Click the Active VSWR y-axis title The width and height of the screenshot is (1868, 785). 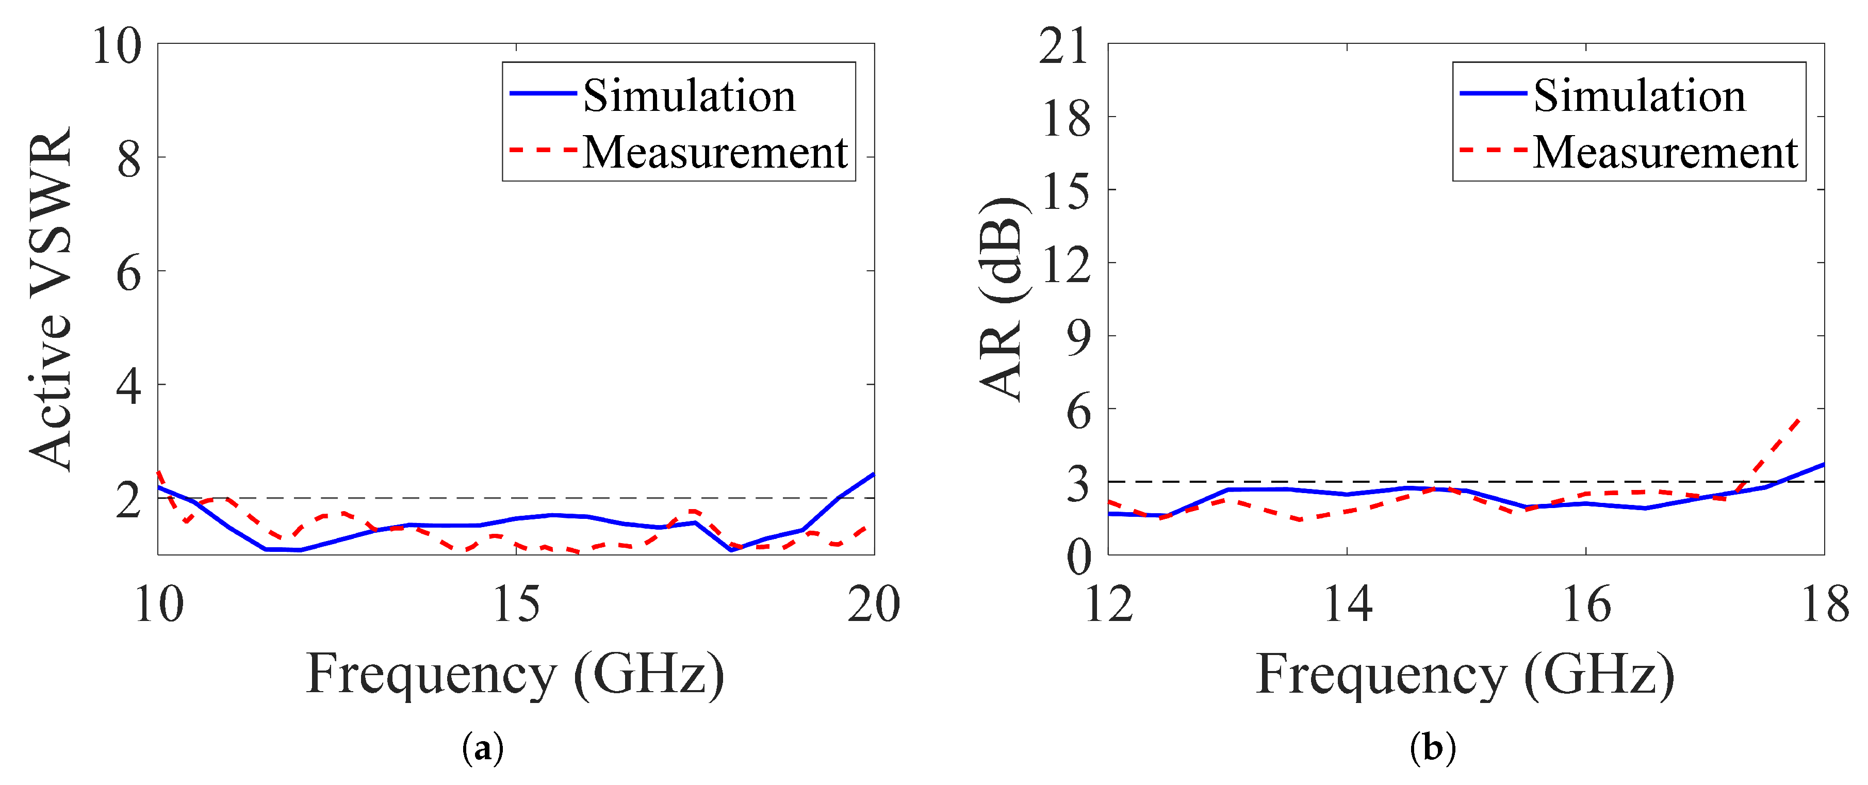[x=51, y=299]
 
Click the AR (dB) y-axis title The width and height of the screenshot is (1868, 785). [x=1003, y=299]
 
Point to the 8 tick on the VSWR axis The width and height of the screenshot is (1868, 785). [x=129, y=159]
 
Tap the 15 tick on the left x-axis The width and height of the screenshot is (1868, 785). [x=516, y=603]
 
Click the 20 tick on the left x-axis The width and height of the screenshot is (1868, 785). [x=873, y=603]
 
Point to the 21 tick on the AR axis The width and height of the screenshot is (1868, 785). [x=1064, y=46]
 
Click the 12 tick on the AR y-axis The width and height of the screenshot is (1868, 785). [x=1065, y=264]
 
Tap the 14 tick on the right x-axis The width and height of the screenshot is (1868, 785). [x=1347, y=603]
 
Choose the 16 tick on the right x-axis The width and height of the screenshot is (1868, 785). [x=1586, y=603]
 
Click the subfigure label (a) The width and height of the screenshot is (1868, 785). [x=482, y=747]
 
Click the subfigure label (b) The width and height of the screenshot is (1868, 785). [x=1432, y=747]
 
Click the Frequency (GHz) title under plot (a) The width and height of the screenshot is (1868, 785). [x=515, y=675]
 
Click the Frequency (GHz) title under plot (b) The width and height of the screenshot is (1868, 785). [x=1465, y=675]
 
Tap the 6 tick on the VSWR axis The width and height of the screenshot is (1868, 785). [x=129, y=273]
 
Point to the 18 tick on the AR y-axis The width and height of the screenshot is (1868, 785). [x=1065, y=118]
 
